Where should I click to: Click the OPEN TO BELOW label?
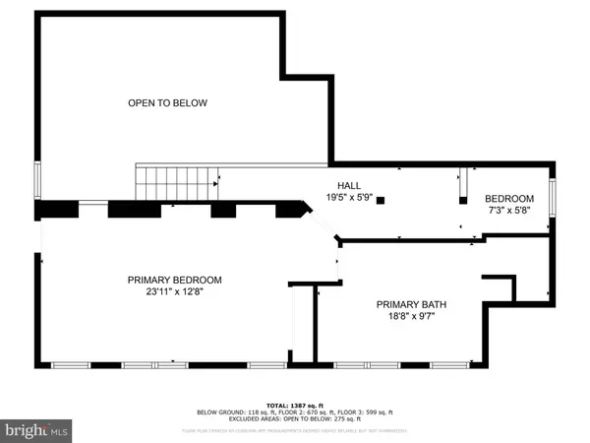coord(167,103)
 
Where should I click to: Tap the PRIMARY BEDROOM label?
coord(174,280)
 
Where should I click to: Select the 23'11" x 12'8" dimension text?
coord(174,291)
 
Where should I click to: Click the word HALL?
coord(349,185)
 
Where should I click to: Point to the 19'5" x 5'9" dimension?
coord(349,197)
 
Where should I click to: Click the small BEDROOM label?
coord(510,198)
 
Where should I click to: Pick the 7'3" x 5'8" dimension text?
coord(510,210)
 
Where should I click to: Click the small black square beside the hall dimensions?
coord(381,200)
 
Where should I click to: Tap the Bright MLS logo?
coord(36,429)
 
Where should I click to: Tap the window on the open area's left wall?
coord(38,180)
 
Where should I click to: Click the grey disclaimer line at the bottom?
coord(295,431)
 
